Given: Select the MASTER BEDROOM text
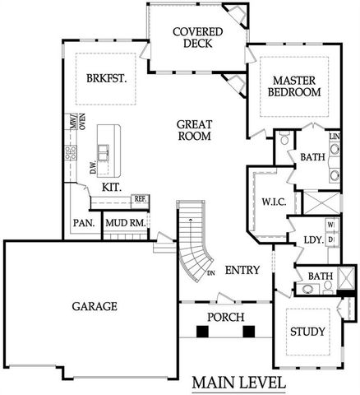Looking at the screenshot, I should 295,86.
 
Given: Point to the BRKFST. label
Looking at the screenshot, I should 104,80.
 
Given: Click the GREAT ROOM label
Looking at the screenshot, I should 195,130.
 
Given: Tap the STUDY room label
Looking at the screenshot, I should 308,332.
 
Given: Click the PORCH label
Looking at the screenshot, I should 222,316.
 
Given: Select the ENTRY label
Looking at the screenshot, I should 242,270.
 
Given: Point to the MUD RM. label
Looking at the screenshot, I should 127,223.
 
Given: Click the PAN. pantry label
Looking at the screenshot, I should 83,223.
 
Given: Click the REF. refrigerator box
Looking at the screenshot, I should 140,199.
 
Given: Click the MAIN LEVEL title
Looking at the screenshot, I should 239,383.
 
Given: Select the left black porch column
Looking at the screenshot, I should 202,332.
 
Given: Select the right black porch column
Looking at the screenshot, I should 248,332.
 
